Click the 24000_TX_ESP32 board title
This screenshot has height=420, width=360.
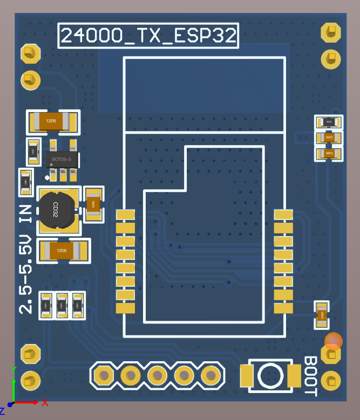point(148,36)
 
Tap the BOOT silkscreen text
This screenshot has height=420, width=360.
point(310,376)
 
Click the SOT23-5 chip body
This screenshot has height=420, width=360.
point(62,159)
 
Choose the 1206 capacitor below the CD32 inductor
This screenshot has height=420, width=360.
point(62,251)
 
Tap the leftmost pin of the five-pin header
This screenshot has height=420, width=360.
point(103,375)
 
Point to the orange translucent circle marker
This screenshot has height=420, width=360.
point(333,341)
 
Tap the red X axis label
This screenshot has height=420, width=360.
point(45,402)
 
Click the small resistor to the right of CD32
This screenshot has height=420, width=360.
point(93,204)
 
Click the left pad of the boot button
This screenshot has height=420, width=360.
point(246,376)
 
